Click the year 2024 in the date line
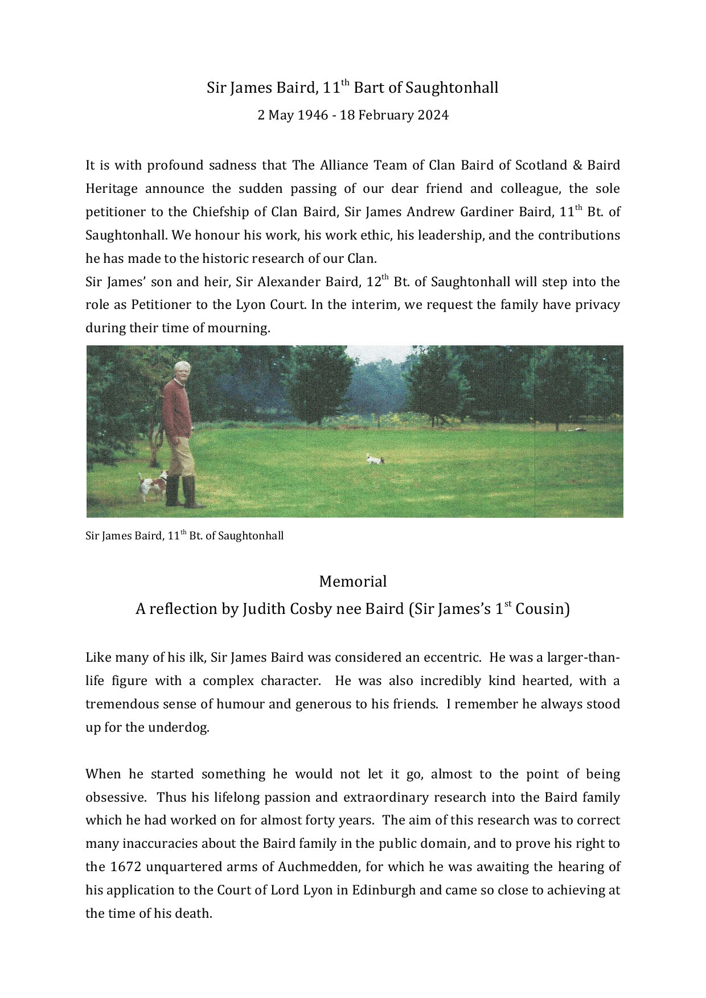point(433,116)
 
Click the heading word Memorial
point(352,582)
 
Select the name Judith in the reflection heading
point(265,609)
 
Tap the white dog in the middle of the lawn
point(375,459)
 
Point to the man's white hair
point(182,366)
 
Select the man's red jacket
point(177,410)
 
